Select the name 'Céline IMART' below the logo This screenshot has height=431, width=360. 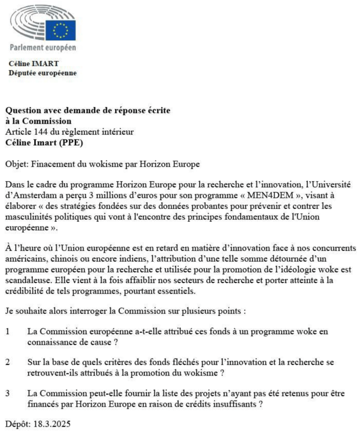coord(34,64)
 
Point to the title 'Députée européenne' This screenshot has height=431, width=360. coord(43,73)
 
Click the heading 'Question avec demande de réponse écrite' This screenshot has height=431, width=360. coord(88,112)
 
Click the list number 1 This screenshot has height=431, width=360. coord(8,332)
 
